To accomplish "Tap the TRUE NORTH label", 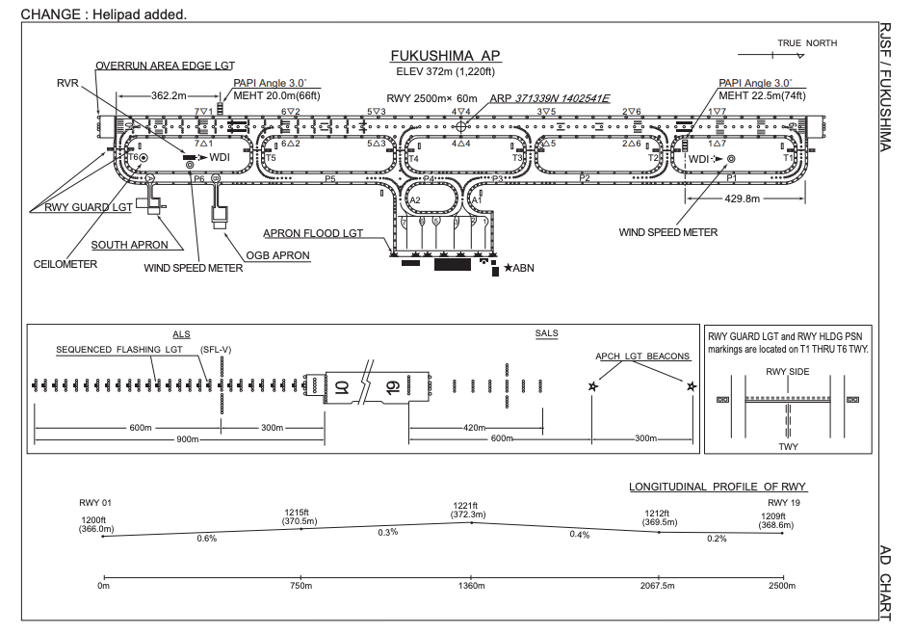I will pyautogui.click(x=807, y=43).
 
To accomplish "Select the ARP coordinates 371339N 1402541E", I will pyautogui.click(x=563, y=97).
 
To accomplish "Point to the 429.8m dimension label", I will pyautogui.click(x=741, y=198).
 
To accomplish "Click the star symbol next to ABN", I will pyautogui.click(x=508, y=267).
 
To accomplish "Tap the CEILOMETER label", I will pyautogui.click(x=65, y=265).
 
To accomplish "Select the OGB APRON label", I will pyautogui.click(x=278, y=255).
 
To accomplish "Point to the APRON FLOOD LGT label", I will pyautogui.click(x=313, y=233).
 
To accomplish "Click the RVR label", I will pyautogui.click(x=68, y=84).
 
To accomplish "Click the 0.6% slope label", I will pyautogui.click(x=207, y=538).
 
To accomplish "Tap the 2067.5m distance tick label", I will pyautogui.click(x=659, y=585).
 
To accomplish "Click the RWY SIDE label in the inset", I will pyautogui.click(x=787, y=372).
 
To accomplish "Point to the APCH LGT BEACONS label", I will pyautogui.click(x=642, y=357).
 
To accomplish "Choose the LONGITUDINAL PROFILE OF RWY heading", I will pyautogui.click(x=718, y=487).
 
